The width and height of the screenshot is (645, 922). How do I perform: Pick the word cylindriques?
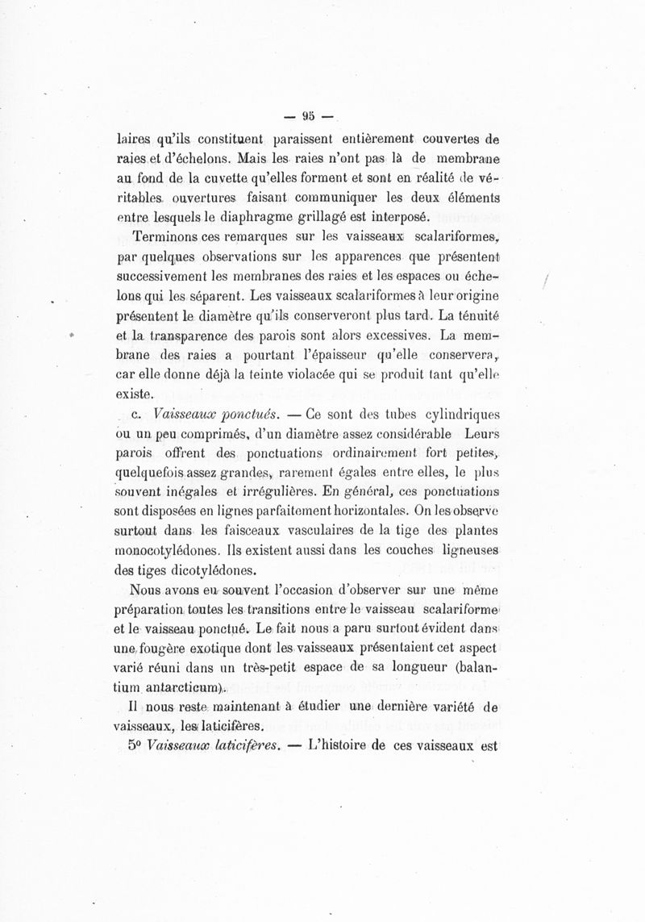tap(453, 415)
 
